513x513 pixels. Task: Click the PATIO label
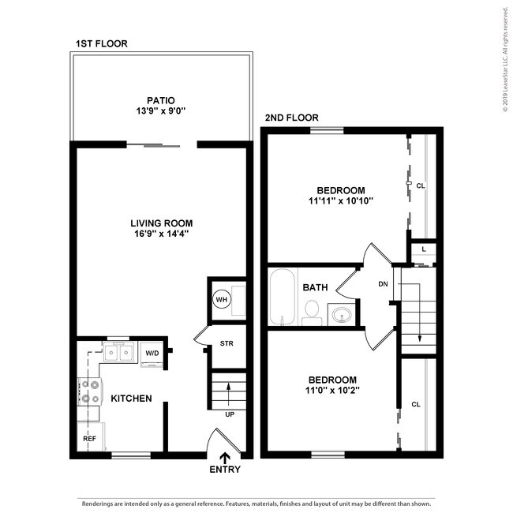point(160,100)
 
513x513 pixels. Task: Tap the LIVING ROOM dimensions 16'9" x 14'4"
point(161,234)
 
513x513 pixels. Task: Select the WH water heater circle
point(221,300)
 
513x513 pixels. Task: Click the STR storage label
point(227,343)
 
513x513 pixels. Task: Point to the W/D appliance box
point(151,353)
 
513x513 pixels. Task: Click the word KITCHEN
point(131,399)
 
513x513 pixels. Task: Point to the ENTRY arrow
point(226,457)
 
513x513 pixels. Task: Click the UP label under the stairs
point(230,414)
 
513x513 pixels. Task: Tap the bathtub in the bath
point(283,298)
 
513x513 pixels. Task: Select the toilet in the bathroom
point(313,309)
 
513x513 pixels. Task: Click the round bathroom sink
point(342,315)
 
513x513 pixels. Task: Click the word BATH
point(316,287)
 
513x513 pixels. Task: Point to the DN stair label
point(384,284)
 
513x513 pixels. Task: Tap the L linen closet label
point(424,249)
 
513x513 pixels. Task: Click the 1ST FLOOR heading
point(101,43)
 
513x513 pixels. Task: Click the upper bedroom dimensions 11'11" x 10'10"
point(340,201)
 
